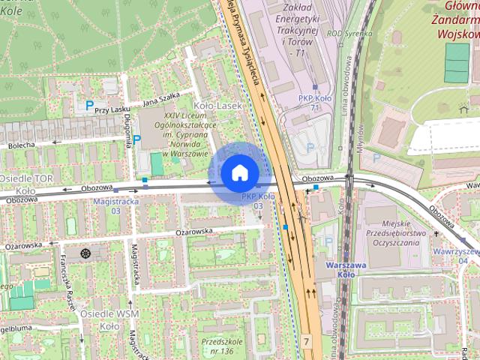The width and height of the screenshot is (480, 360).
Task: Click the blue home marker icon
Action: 239,173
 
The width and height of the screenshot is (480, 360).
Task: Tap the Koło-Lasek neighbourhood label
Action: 217,106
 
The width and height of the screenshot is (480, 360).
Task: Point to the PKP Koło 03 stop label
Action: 257,201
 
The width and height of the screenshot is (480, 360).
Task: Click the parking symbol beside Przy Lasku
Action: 90,106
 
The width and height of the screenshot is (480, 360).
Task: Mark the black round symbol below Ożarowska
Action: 85,253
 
